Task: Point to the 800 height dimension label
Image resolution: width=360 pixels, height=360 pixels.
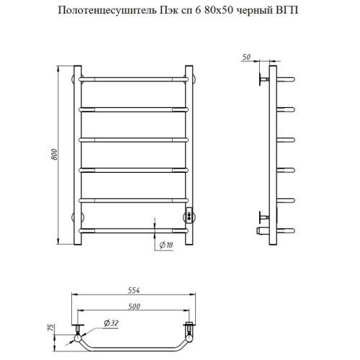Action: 53,153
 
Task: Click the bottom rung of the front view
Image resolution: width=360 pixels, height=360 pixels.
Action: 133,231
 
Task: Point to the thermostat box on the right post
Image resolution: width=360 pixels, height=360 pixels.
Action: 189,213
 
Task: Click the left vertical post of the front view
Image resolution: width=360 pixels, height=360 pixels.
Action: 77,154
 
